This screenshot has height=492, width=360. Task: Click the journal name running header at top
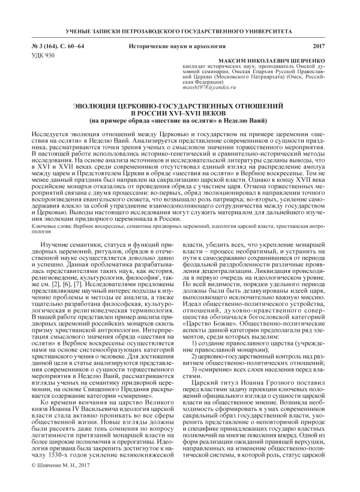click(179, 29)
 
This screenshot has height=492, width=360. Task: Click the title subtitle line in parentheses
click(179, 122)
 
